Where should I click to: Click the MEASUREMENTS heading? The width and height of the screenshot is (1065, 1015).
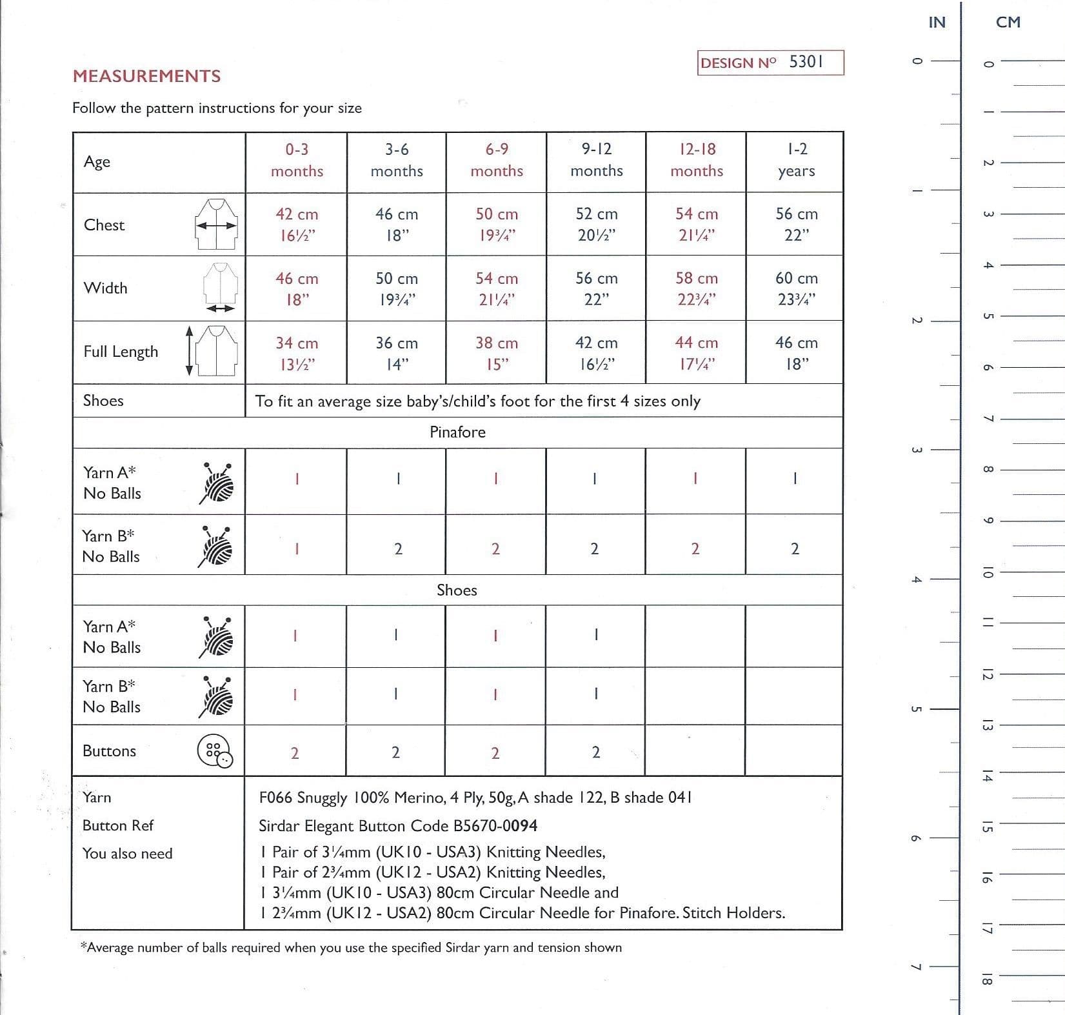point(146,76)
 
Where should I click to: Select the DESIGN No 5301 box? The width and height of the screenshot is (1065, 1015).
point(770,63)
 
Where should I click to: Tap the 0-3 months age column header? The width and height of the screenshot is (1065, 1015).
point(297,160)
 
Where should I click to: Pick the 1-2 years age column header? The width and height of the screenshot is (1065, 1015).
point(797,160)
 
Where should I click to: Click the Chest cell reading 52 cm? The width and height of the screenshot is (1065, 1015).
point(596,224)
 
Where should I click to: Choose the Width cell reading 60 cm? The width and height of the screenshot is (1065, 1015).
point(796,288)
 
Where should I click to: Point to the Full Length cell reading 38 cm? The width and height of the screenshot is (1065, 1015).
point(496,353)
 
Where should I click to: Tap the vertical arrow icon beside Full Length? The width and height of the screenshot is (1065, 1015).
point(189,350)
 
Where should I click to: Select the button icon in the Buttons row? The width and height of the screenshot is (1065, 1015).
point(215,752)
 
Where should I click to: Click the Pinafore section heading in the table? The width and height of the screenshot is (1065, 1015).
point(457,432)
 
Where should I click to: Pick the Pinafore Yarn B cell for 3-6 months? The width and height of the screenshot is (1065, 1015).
point(398,549)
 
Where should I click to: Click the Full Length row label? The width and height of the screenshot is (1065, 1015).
point(121,352)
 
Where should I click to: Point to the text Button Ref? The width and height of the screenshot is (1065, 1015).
point(118,826)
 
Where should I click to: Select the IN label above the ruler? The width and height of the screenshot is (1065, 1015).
point(937,23)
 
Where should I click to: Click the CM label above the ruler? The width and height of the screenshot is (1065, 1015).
point(1008,23)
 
